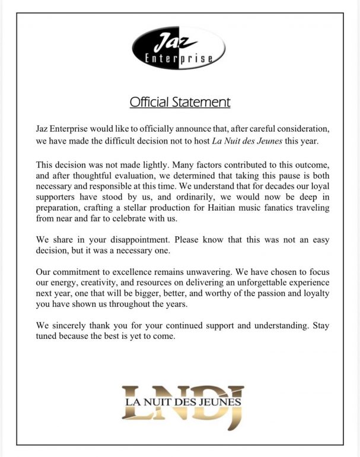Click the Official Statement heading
point(180,102)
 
